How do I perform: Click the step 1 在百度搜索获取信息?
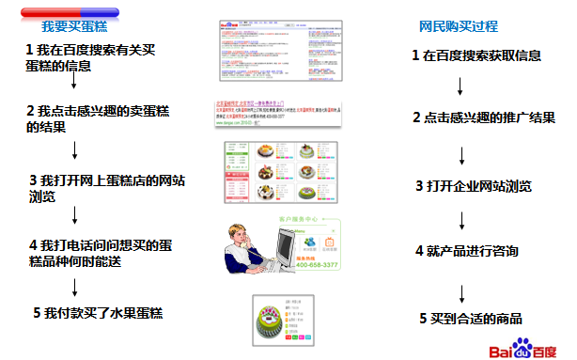click(476, 55)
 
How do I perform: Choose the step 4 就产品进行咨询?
click(467, 252)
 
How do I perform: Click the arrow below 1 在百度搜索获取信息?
click(460, 86)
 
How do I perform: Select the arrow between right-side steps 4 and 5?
click(460, 286)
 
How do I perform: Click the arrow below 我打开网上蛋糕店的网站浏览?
click(75, 218)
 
